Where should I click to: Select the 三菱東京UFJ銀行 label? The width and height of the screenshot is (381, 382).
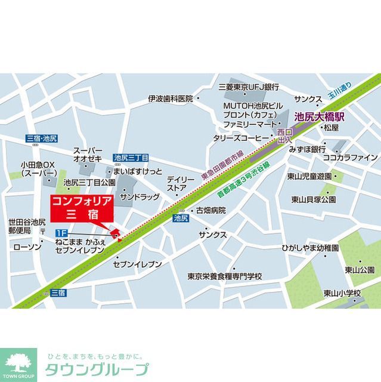[249, 87]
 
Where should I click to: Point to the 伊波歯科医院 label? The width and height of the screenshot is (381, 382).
[171, 98]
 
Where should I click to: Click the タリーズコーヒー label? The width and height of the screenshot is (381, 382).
[241, 137]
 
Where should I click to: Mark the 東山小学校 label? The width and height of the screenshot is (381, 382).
[342, 292]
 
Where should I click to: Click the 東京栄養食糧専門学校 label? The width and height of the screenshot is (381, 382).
[224, 276]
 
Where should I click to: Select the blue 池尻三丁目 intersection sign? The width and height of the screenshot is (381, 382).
[131, 158]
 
